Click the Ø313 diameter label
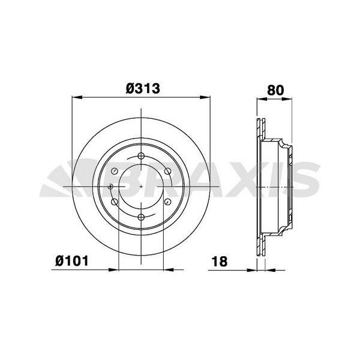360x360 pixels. (142, 89)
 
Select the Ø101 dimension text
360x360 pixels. (72, 261)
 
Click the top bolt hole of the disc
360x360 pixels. (141, 157)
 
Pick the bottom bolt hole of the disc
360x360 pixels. (141, 217)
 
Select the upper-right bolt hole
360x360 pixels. (167, 172)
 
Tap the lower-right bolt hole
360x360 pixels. (167, 202)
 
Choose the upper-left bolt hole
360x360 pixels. (115, 172)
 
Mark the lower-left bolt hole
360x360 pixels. (115, 202)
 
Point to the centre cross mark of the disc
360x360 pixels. (141, 187)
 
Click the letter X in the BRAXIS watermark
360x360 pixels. (247, 178)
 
